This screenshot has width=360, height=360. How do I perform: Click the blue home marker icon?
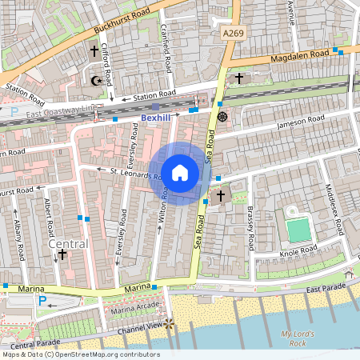pos(180,173)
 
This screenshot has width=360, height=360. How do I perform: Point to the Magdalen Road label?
pos(300,56)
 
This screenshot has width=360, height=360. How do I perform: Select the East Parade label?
pos(325,287)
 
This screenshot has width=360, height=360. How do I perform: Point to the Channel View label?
pos(138,327)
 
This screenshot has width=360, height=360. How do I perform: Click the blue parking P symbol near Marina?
pos(42,302)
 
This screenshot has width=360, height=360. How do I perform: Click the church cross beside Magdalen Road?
pos(239,78)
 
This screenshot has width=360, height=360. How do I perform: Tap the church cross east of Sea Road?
pos(221,195)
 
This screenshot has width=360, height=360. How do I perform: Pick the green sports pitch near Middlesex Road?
pos(298,230)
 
